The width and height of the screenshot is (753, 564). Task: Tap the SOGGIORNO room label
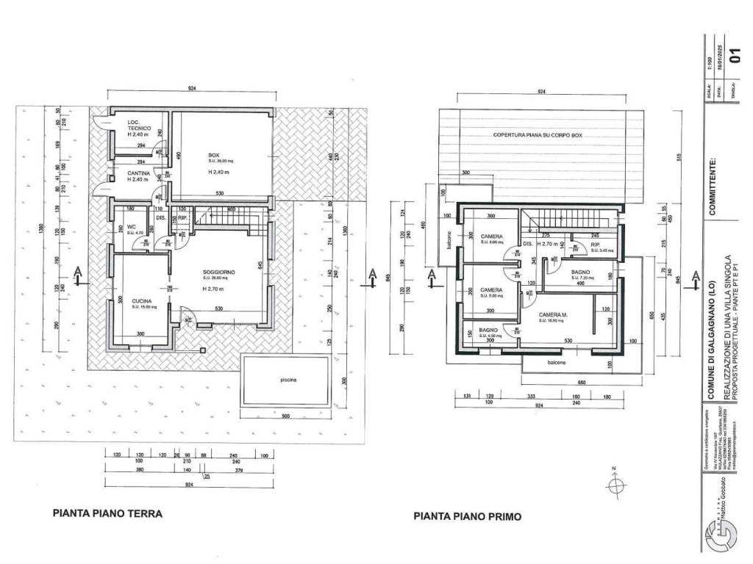pyautogui.click(x=220, y=272)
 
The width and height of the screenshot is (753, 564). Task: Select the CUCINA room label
pyautogui.click(x=142, y=301)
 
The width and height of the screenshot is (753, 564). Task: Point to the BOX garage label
pyautogui.click(x=214, y=155)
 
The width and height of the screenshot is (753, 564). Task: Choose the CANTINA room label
pyautogui.click(x=139, y=174)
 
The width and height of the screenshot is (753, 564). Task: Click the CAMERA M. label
pyautogui.click(x=552, y=314)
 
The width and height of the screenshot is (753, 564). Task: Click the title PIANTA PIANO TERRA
pyautogui.click(x=107, y=513)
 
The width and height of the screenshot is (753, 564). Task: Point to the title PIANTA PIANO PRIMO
pyautogui.click(x=467, y=516)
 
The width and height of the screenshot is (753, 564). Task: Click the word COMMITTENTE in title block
pyautogui.click(x=712, y=186)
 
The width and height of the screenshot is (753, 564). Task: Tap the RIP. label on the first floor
pyautogui.click(x=596, y=245)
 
